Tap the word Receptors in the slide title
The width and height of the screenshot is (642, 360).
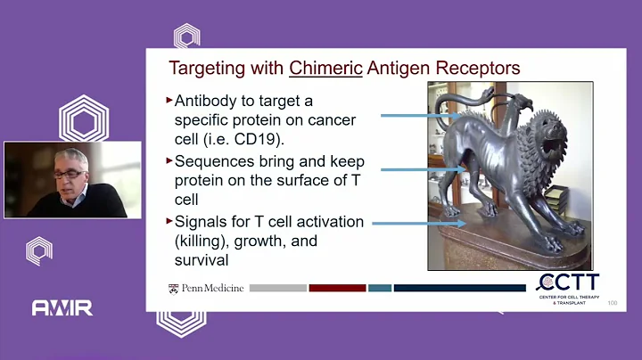(474, 68)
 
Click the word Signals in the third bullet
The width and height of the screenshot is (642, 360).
(201, 222)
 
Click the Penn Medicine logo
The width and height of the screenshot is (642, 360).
(205, 289)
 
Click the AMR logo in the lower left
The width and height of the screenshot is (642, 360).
(62, 308)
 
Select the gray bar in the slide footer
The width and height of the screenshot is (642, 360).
(277, 288)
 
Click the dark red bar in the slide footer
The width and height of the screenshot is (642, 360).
(337, 288)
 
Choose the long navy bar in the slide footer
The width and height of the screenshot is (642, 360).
(458, 288)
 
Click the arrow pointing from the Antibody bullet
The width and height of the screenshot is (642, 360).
(419, 115)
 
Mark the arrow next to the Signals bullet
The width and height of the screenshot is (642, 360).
(419, 224)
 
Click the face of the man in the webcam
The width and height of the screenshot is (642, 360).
(72, 174)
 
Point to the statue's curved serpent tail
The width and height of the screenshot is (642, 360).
(481, 98)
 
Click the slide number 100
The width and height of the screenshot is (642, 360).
(612, 304)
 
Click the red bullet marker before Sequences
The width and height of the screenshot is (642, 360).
(169, 160)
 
